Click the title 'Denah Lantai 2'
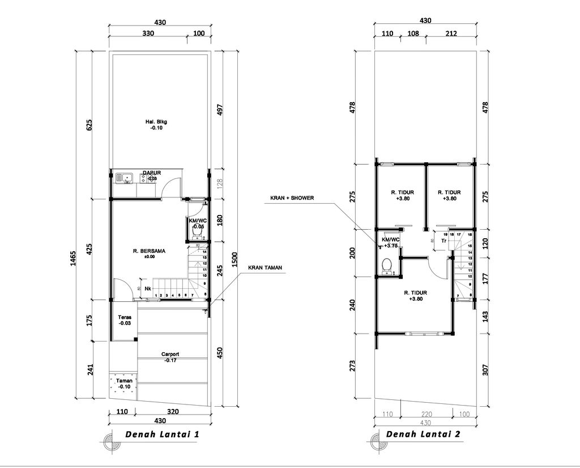click(423, 434)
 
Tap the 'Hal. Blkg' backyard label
click(155, 122)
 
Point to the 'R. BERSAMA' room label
click(149, 250)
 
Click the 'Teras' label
click(125, 318)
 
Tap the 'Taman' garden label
click(124, 381)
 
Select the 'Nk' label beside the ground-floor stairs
click(147, 288)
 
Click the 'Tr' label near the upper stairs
click(444, 241)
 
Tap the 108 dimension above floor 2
click(413, 33)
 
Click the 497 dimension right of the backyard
click(221, 109)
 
